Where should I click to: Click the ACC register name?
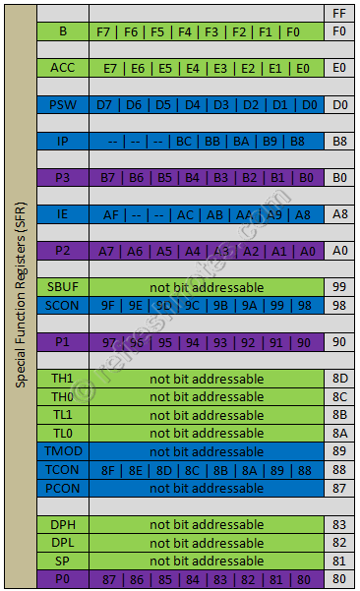click(x=63, y=68)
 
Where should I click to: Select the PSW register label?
click(x=63, y=104)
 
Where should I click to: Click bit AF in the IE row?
click(x=111, y=213)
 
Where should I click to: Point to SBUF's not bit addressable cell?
click(x=206, y=287)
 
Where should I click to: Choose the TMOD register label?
click(x=63, y=451)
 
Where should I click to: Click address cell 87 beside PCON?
click(x=339, y=488)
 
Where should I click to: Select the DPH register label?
click(x=63, y=524)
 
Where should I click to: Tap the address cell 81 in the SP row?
click(x=339, y=561)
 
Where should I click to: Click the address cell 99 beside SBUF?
click(x=339, y=287)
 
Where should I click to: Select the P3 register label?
click(x=63, y=177)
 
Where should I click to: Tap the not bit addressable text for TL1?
click(x=206, y=415)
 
